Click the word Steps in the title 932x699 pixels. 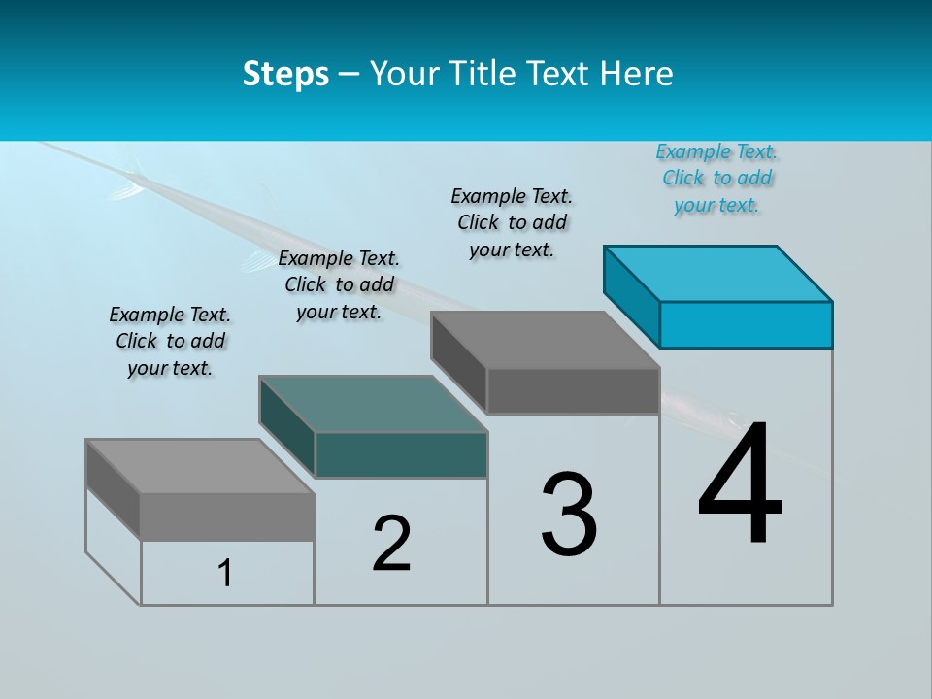[x=285, y=74]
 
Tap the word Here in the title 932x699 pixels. [x=637, y=74]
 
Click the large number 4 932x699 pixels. [x=740, y=485]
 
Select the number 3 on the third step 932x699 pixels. [x=569, y=515]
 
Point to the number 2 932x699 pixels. [x=392, y=544]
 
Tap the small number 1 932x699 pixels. [x=225, y=574]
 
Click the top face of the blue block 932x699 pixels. [x=718, y=273]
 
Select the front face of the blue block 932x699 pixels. [x=746, y=324]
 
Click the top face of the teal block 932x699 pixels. [x=373, y=403]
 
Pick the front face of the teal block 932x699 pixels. [x=401, y=454]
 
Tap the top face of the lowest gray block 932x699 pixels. [x=200, y=466]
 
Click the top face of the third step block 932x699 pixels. [x=545, y=340]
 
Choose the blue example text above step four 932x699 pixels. [x=716, y=179]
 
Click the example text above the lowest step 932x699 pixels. [x=170, y=342]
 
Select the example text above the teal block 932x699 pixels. [x=339, y=285]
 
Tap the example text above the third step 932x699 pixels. [x=512, y=223]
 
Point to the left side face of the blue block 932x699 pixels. [x=632, y=296]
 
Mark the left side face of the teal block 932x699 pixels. [x=287, y=425]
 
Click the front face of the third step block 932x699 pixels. [x=573, y=390]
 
